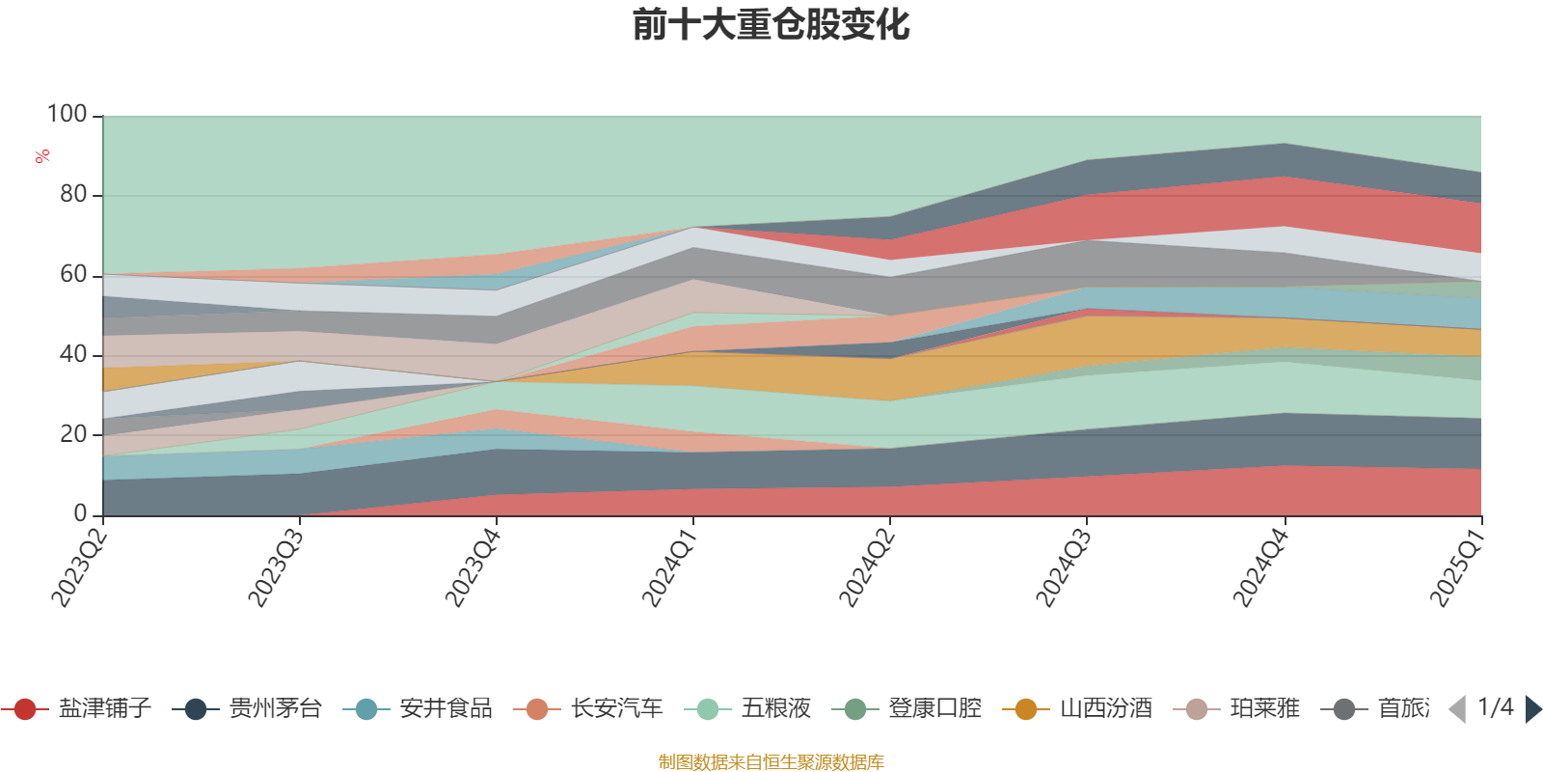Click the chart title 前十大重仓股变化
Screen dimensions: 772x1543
[x=771, y=25]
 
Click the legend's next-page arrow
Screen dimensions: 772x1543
[x=1532, y=709]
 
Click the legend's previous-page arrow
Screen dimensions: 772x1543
[x=1457, y=709]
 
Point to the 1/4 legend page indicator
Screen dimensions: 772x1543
[x=1495, y=707]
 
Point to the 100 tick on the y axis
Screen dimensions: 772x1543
[x=68, y=115]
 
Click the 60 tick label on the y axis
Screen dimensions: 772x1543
[x=73, y=275]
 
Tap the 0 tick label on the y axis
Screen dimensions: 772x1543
[x=81, y=514]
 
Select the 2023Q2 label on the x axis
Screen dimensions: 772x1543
[x=79, y=565]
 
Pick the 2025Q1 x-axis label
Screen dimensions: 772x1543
[x=1456, y=565]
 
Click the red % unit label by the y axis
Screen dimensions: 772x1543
[x=42, y=156]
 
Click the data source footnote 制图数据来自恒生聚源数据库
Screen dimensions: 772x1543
[x=771, y=762]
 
